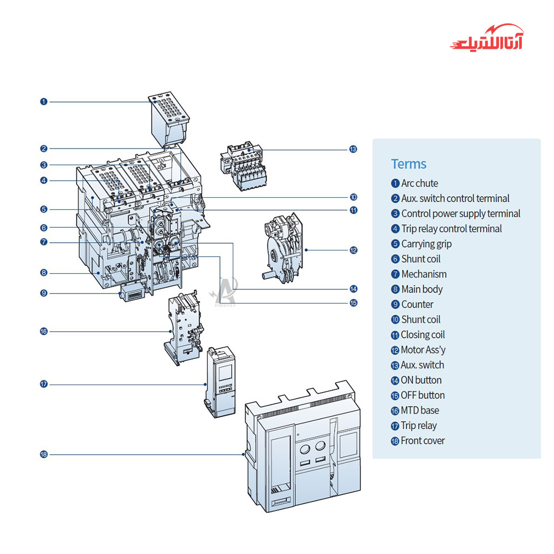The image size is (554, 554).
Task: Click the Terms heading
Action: click(409, 164)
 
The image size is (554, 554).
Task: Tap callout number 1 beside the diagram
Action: click(44, 101)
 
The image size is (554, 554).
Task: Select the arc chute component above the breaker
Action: click(169, 119)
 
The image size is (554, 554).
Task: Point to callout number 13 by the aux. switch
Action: click(353, 149)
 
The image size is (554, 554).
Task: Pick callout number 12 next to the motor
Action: click(353, 250)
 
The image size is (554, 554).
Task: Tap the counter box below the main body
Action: click(134, 293)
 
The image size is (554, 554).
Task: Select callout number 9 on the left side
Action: click(44, 293)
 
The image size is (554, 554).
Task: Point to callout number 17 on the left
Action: click(44, 384)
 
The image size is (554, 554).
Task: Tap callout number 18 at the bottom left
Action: click(44, 454)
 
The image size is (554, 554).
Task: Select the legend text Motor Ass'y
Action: click(423, 350)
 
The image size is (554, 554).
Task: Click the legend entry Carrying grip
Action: click(426, 244)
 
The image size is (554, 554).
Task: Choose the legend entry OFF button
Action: click(423, 396)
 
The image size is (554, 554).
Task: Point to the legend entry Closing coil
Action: click(423, 335)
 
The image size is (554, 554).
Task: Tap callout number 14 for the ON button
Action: click(353, 289)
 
